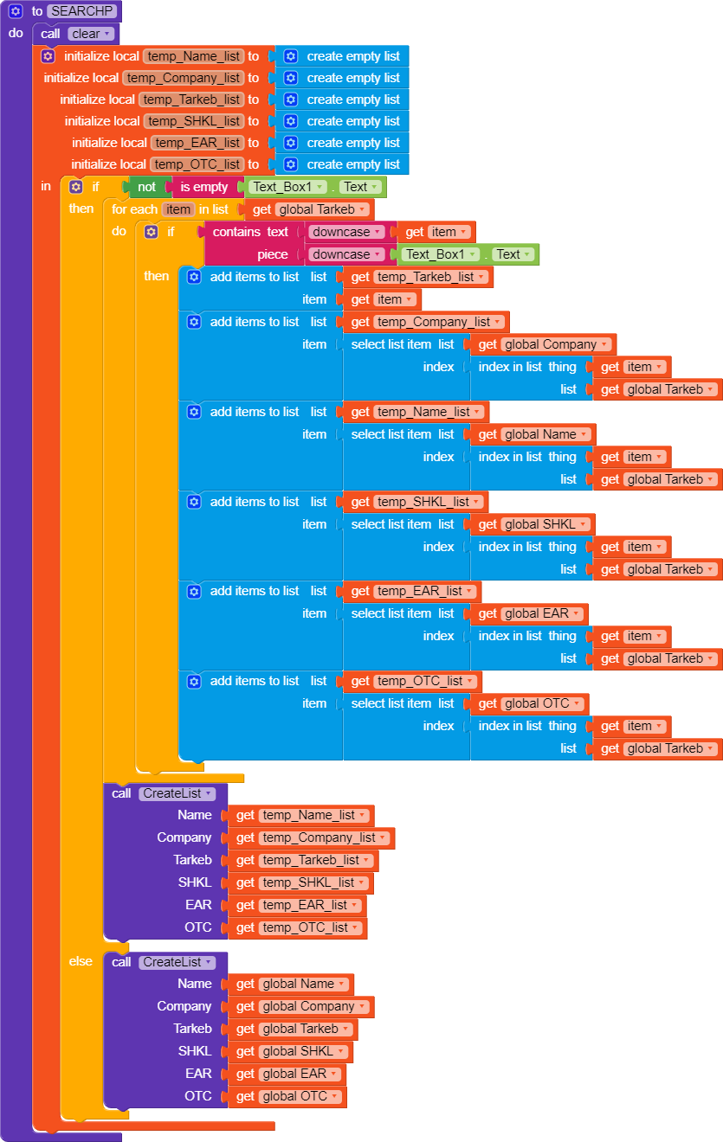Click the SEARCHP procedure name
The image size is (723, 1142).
click(83, 11)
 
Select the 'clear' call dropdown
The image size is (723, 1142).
click(91, 34)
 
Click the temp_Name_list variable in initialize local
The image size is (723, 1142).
click(193, 56)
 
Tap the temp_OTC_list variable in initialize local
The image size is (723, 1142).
click(197, 164)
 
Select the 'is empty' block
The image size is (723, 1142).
click(203, 187)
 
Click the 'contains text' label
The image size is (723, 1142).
click(250, 232)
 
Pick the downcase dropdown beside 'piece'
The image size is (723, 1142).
click(346, 254)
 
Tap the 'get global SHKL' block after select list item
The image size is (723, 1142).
click(534, 524)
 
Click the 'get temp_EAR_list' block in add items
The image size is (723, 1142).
click(412, 592)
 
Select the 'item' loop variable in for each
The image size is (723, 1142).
click(178, 209)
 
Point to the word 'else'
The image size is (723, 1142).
click(81, 961)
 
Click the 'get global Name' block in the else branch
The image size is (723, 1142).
click(291, 985)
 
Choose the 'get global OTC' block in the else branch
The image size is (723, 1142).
click(288, 1097)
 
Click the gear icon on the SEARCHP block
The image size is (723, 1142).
click(16, 11)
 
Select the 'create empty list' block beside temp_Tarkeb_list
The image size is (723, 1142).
click(344, 99)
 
